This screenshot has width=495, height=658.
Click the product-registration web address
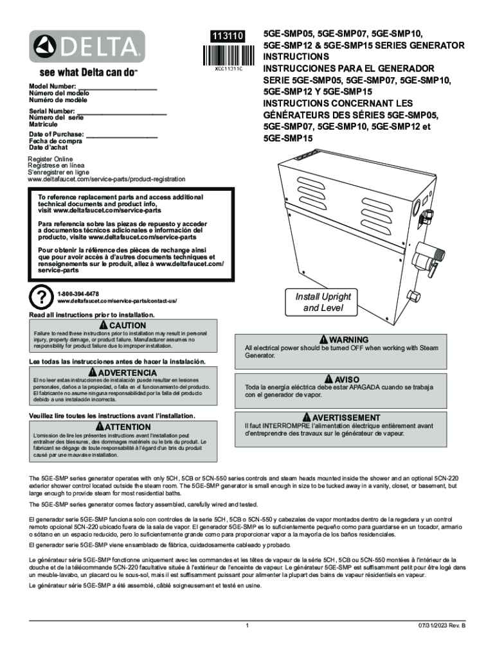tap(106, 179)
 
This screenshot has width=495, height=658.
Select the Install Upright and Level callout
tap(323, 302)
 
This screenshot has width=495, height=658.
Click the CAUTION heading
tap(123, 326)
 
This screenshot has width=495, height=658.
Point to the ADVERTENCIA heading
tap(123, 373)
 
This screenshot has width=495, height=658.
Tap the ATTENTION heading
tap(123, 427)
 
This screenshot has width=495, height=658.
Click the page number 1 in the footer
tap(247, 625)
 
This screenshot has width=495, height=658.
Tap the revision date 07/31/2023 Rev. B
tap(440, 625)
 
